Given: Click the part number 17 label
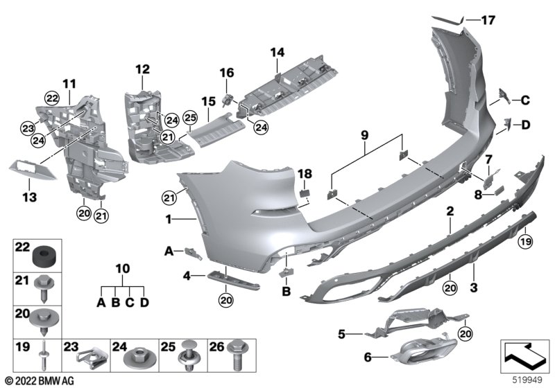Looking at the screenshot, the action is pos(488,20).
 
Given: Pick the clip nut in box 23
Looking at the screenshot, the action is pos(90,359).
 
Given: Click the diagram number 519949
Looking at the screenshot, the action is pos(527,380).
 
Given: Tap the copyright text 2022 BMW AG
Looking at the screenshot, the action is pos(40,381).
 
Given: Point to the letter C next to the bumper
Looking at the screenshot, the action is pos(525,100).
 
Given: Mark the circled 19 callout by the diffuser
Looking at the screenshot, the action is pos(526,242).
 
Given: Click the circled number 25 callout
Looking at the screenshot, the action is pos(189,118).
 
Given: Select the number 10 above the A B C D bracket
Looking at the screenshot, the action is pos(123,269).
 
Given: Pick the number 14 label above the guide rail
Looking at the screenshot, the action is pos(277,52).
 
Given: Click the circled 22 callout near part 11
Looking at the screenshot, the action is pos(51,98).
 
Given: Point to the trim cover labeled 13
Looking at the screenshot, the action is pos(33,170).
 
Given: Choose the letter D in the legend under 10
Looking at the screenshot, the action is pos(144,303).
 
